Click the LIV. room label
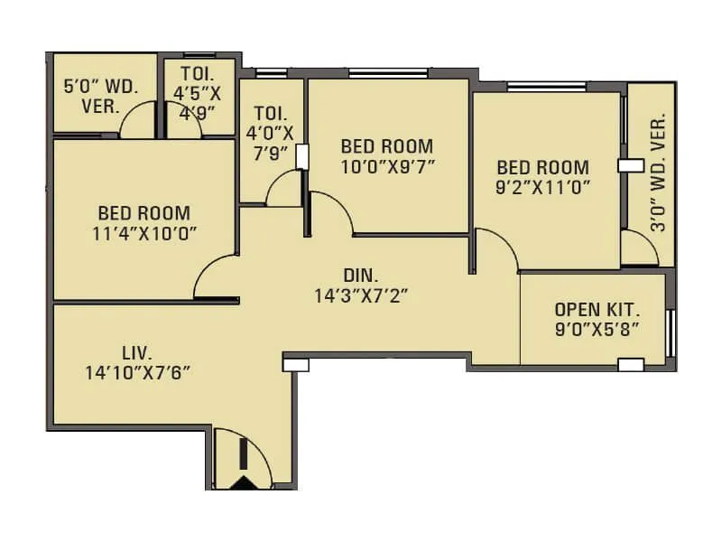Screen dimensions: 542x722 pos(137,351)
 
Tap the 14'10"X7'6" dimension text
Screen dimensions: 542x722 pos(137,371)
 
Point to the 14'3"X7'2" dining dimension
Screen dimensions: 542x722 pos(363,294)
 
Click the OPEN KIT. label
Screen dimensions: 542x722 pos(597,308)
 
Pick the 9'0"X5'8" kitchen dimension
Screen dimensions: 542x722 pos(597,329)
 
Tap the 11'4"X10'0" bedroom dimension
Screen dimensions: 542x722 pos(144,234)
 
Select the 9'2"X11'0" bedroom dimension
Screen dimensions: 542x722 pos(543,188)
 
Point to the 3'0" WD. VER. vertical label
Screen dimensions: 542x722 pos(658,172)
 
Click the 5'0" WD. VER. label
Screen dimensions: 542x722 pos(98,96)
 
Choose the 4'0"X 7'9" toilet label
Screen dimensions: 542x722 pos(270,134)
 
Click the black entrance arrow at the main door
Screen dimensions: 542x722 pos(242,482)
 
